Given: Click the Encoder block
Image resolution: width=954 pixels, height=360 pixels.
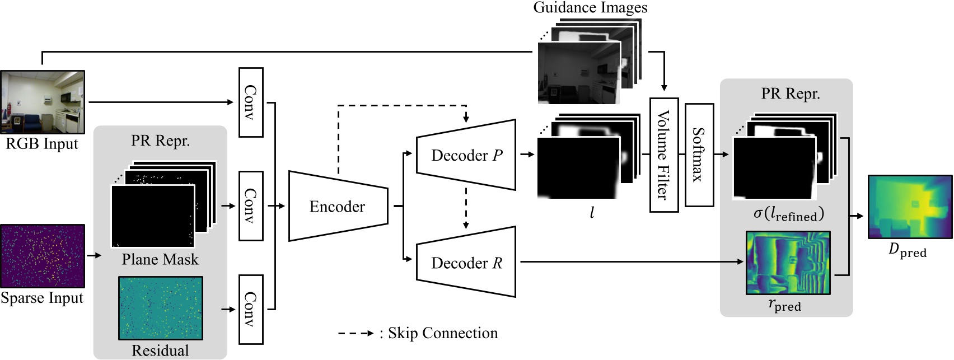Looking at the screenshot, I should (x=338, y=206).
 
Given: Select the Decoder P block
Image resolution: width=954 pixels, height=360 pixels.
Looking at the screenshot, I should (x=466, y=155).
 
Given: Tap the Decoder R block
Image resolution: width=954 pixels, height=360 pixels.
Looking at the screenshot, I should (x=466, y=262).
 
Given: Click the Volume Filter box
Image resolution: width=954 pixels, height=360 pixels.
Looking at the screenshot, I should (x=663, y=155).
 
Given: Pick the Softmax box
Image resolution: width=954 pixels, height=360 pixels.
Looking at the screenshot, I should (x=699, y=155).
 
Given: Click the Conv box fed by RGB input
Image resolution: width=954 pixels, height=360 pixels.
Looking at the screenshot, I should (x=250, y=102).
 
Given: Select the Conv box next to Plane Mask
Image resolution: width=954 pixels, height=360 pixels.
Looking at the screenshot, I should (x=250, y=206).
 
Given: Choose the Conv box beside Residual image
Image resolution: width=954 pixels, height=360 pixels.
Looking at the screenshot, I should (x=250, y=309).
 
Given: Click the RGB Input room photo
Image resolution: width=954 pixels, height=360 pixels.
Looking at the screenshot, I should (x=42, y=102).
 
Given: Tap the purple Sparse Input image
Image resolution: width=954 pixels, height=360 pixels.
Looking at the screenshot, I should (x=42, y=256).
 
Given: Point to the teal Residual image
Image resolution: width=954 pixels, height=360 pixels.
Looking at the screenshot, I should (x=160, y=308).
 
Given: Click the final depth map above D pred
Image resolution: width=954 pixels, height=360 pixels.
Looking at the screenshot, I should (x=909, y=207).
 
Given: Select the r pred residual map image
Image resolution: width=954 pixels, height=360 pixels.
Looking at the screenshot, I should (x=788, y=263).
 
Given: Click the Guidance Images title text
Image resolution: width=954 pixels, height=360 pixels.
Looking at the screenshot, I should (x=590, y=7).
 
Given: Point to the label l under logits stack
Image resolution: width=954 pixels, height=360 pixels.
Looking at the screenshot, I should (x=592, y=213).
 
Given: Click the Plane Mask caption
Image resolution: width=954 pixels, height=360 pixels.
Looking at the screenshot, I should (x=160, y=259).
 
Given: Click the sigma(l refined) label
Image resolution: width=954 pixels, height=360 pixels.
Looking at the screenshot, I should (x=788, y=214).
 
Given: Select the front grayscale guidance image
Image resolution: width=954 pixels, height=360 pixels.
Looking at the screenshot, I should (x=579, y=73).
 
